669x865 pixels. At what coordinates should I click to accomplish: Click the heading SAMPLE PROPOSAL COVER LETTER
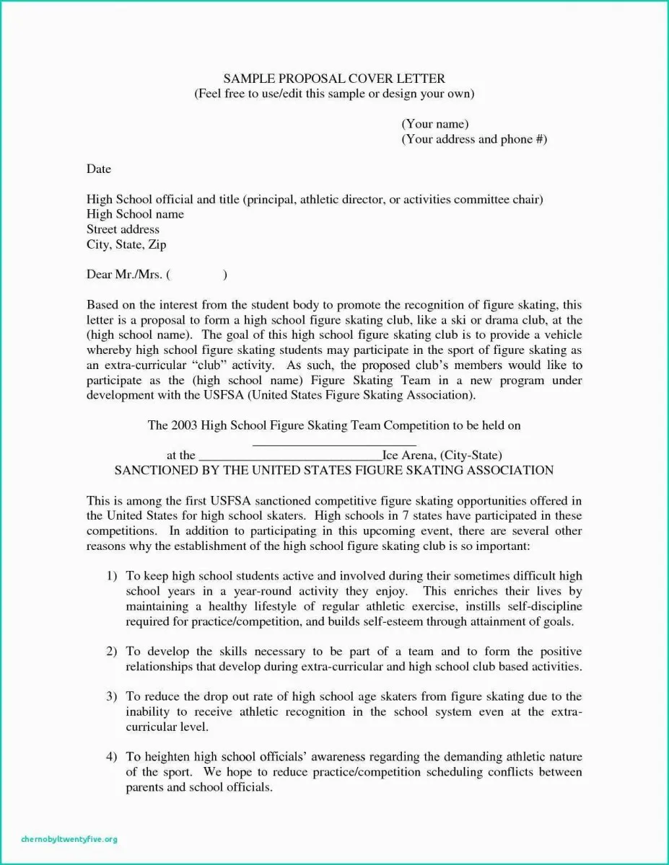(x=334, y=79)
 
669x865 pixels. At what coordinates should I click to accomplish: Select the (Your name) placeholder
(x=435, y=124)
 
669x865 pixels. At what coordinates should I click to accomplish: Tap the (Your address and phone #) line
(x=474, y=139)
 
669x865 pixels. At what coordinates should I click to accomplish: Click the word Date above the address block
(x=99, y=169)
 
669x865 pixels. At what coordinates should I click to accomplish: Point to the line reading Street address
(x=123, y=229)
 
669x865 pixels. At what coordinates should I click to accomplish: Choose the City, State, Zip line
(x=126, y=244)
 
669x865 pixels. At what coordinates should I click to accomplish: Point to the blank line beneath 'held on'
(x=334, y=443)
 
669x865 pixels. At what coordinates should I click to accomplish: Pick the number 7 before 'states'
(x=376, y=515)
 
